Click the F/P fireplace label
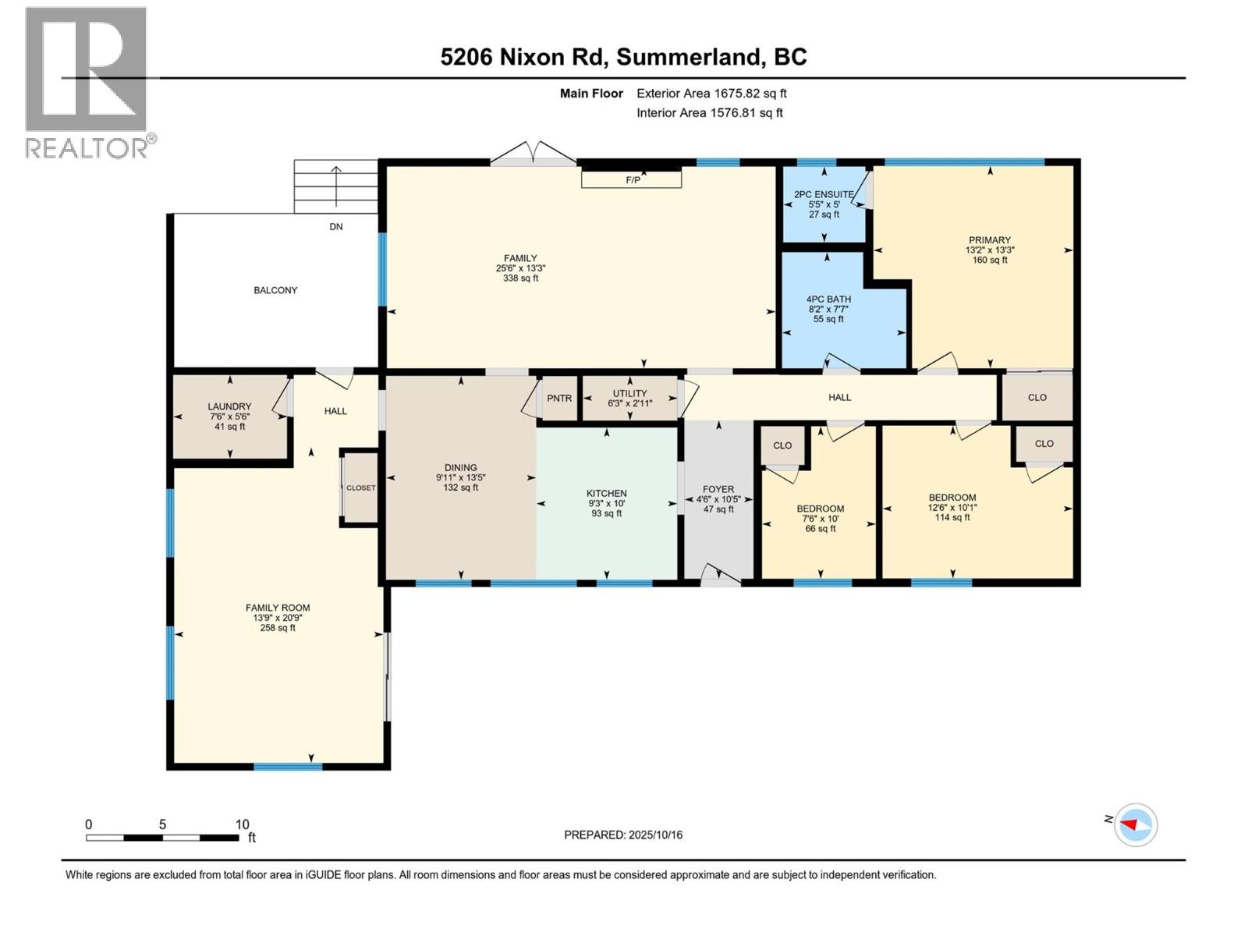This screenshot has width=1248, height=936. (x=633, y=179)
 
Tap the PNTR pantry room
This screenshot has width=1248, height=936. (x=559, y=399)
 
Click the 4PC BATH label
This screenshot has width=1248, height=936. (x=828, y=300)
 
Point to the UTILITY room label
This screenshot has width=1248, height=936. (x=629, y=394)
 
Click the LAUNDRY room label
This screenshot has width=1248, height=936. (x=229, y=407)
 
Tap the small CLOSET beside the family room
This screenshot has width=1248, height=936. (x=361, y=488)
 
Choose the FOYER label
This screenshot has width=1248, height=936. (x=718, y=490)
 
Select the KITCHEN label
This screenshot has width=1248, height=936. (x=607, y=494)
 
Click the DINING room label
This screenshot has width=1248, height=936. (x=461, y=468)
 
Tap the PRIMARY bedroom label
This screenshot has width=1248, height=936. (x=989, y=240)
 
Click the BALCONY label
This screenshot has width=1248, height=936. (x=275, y=290)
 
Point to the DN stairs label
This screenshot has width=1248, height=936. (x=336, y=227)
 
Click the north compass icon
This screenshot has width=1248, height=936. (x=1135, y=824)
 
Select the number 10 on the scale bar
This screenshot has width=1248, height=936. (x=242, y=824)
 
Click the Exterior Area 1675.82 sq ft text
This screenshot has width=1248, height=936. (x=711, y=94)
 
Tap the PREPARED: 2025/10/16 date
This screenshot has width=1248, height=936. (x=623, y=835)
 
